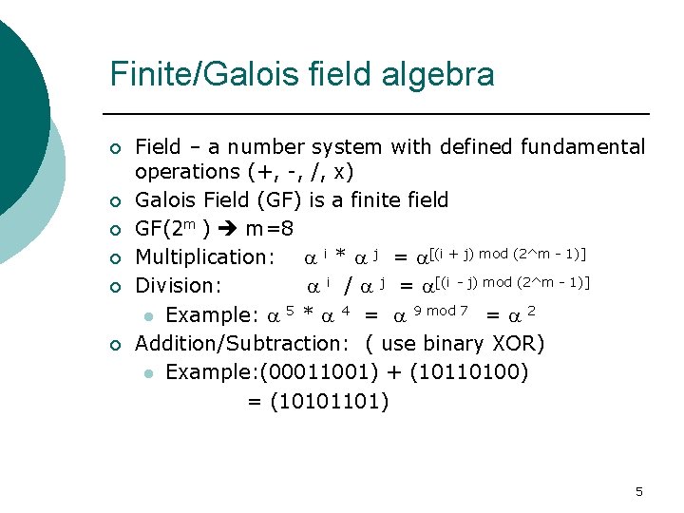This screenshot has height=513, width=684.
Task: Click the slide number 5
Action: tap(638, 491)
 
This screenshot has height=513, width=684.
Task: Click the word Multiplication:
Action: tap(205, 256)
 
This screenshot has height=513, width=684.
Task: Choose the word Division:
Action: tap(179, 285)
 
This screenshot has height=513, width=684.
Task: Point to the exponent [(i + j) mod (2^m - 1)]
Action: tap(508, 253)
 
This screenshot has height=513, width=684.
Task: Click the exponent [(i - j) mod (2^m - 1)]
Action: tap(512, 281)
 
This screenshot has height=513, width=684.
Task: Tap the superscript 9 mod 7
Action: tap(442, 311)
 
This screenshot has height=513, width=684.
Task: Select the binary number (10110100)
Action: tap(468, 371)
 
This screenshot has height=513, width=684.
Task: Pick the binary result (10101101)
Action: tap(330, 402)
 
